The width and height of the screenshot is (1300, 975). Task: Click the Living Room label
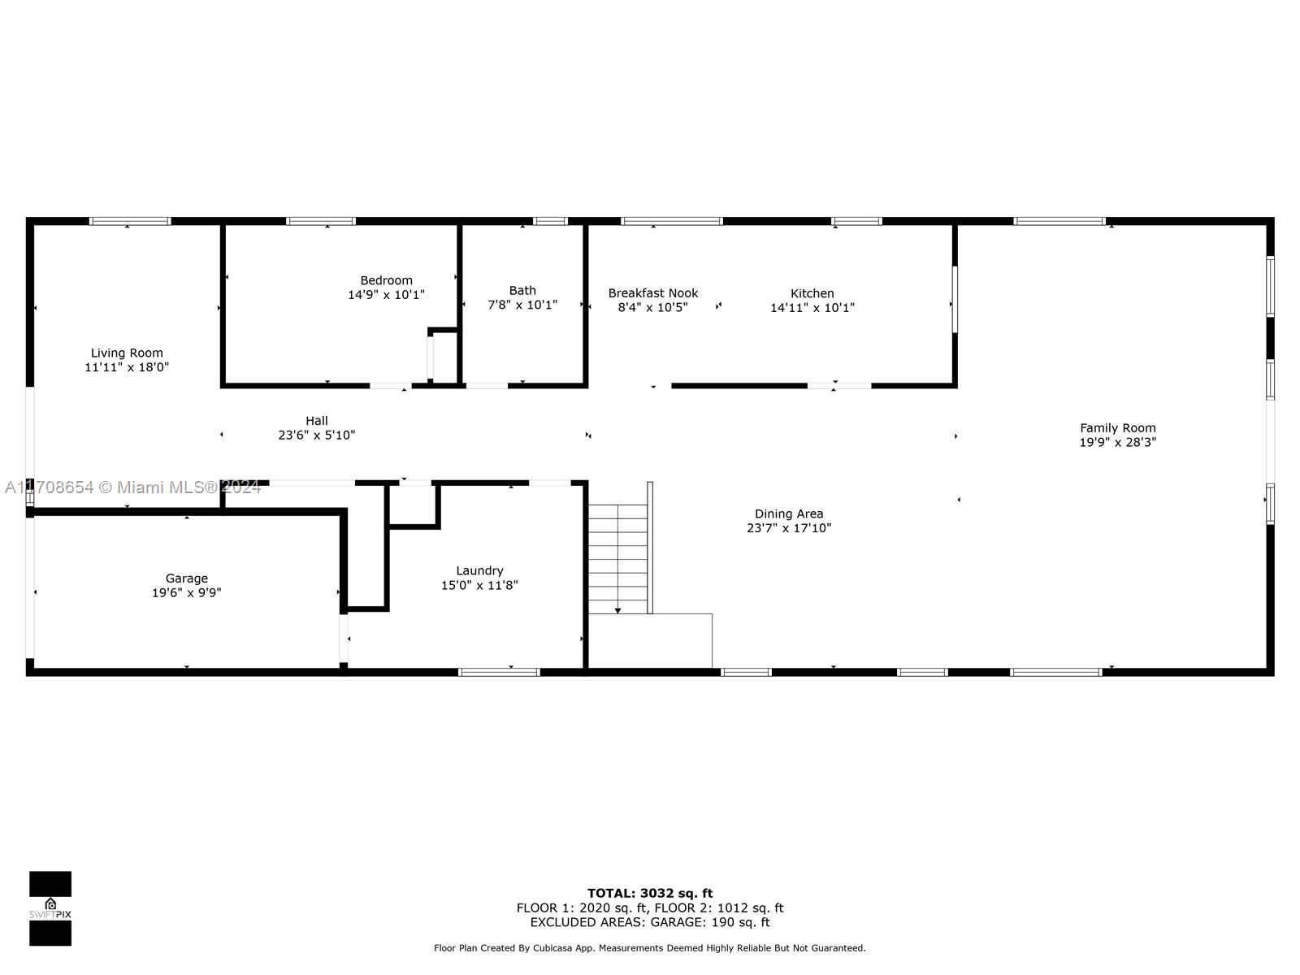(127, 353)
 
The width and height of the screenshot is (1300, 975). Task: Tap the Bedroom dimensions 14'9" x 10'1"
(386, 295)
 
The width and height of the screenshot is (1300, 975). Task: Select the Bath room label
(522, 290)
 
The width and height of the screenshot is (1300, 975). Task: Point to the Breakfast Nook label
(652, 293)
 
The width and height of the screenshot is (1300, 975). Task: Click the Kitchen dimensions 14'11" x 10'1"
(812, 308)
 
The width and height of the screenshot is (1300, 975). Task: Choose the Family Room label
(1117, 428)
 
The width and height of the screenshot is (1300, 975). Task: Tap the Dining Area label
(788, 513)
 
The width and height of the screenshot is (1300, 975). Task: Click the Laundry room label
(479, 570)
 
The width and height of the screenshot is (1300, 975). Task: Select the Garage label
(186, 578)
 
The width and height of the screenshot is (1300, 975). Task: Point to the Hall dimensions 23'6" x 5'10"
(316, 435)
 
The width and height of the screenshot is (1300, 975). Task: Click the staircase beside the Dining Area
(618, 557)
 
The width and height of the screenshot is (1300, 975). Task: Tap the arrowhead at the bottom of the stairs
(618, 609)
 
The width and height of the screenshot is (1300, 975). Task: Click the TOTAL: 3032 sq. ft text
(650, 893)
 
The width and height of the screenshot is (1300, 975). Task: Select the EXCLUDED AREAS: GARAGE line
(650, 922)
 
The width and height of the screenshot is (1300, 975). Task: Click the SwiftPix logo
(50, 908)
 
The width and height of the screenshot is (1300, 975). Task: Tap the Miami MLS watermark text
(132, 487)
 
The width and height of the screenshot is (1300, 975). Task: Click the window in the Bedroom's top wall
(321, 221)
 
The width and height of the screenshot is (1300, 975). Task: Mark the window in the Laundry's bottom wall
(499, 672)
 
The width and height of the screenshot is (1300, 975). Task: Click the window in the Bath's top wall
(550, 221)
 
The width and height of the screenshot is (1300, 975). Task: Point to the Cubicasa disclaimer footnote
(650, 948)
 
